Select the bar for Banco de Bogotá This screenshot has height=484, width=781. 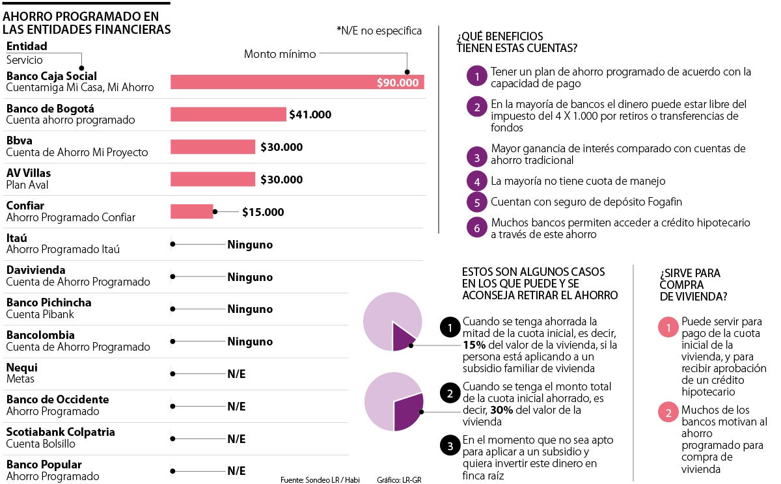click(x=228, y=114)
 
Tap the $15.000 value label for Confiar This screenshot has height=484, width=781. click(x=263, y=212)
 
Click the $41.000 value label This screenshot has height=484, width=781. click(x=310, y=115)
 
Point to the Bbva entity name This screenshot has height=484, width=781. click(x=19, y=141)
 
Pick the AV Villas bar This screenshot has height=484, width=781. click(x=213, y=180)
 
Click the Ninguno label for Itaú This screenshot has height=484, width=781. click(x=250, y=245)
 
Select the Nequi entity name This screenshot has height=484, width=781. click(x=21, y=367)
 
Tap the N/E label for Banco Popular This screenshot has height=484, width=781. click(x=236, y=471)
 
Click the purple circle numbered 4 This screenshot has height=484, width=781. click(x=477, y=181)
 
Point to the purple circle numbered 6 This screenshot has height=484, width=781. click(x=477, y=228)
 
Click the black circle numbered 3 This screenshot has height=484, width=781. click(x=450, y=446)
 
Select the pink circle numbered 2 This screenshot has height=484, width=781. click(x=668, y=412)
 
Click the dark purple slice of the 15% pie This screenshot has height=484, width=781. click(x=403, y=336)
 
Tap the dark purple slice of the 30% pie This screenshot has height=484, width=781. click(x=408, y=412)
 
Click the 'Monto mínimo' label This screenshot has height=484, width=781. click(x=280, y=54)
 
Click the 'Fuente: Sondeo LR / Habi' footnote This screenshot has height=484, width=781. click(x=320, y=480)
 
